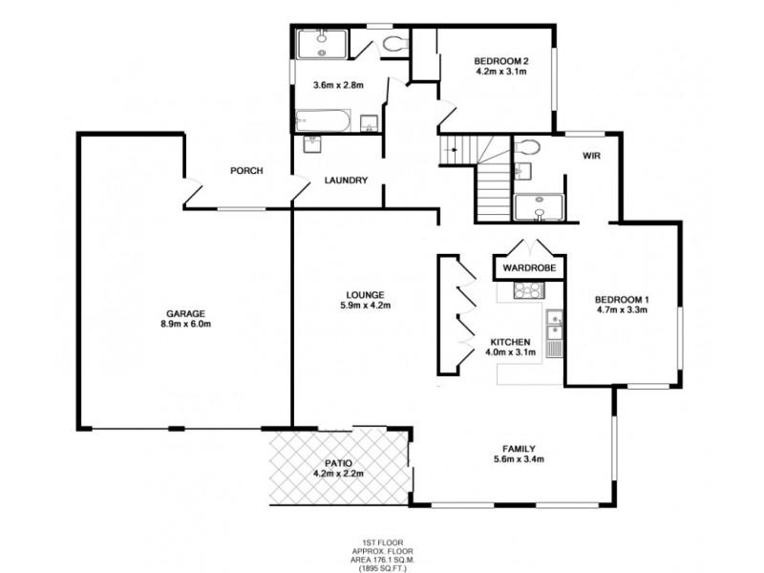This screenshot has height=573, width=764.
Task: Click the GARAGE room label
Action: tap(186, 313)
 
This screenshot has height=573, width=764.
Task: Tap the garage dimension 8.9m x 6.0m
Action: tap(186, 324)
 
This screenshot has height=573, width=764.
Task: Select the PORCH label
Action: tap(246, 171)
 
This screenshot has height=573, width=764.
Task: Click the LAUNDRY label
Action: tap(346, 180)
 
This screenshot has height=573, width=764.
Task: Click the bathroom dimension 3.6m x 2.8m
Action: tap(339, 85)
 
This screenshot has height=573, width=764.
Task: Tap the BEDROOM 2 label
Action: tap(501, 62)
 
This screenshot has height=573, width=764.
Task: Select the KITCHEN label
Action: tap(510, 342)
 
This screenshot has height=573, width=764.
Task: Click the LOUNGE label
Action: tap(365, 294)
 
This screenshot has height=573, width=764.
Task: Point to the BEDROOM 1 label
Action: tap(622, 297)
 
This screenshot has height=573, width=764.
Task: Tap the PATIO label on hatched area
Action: tap(339, 463)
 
